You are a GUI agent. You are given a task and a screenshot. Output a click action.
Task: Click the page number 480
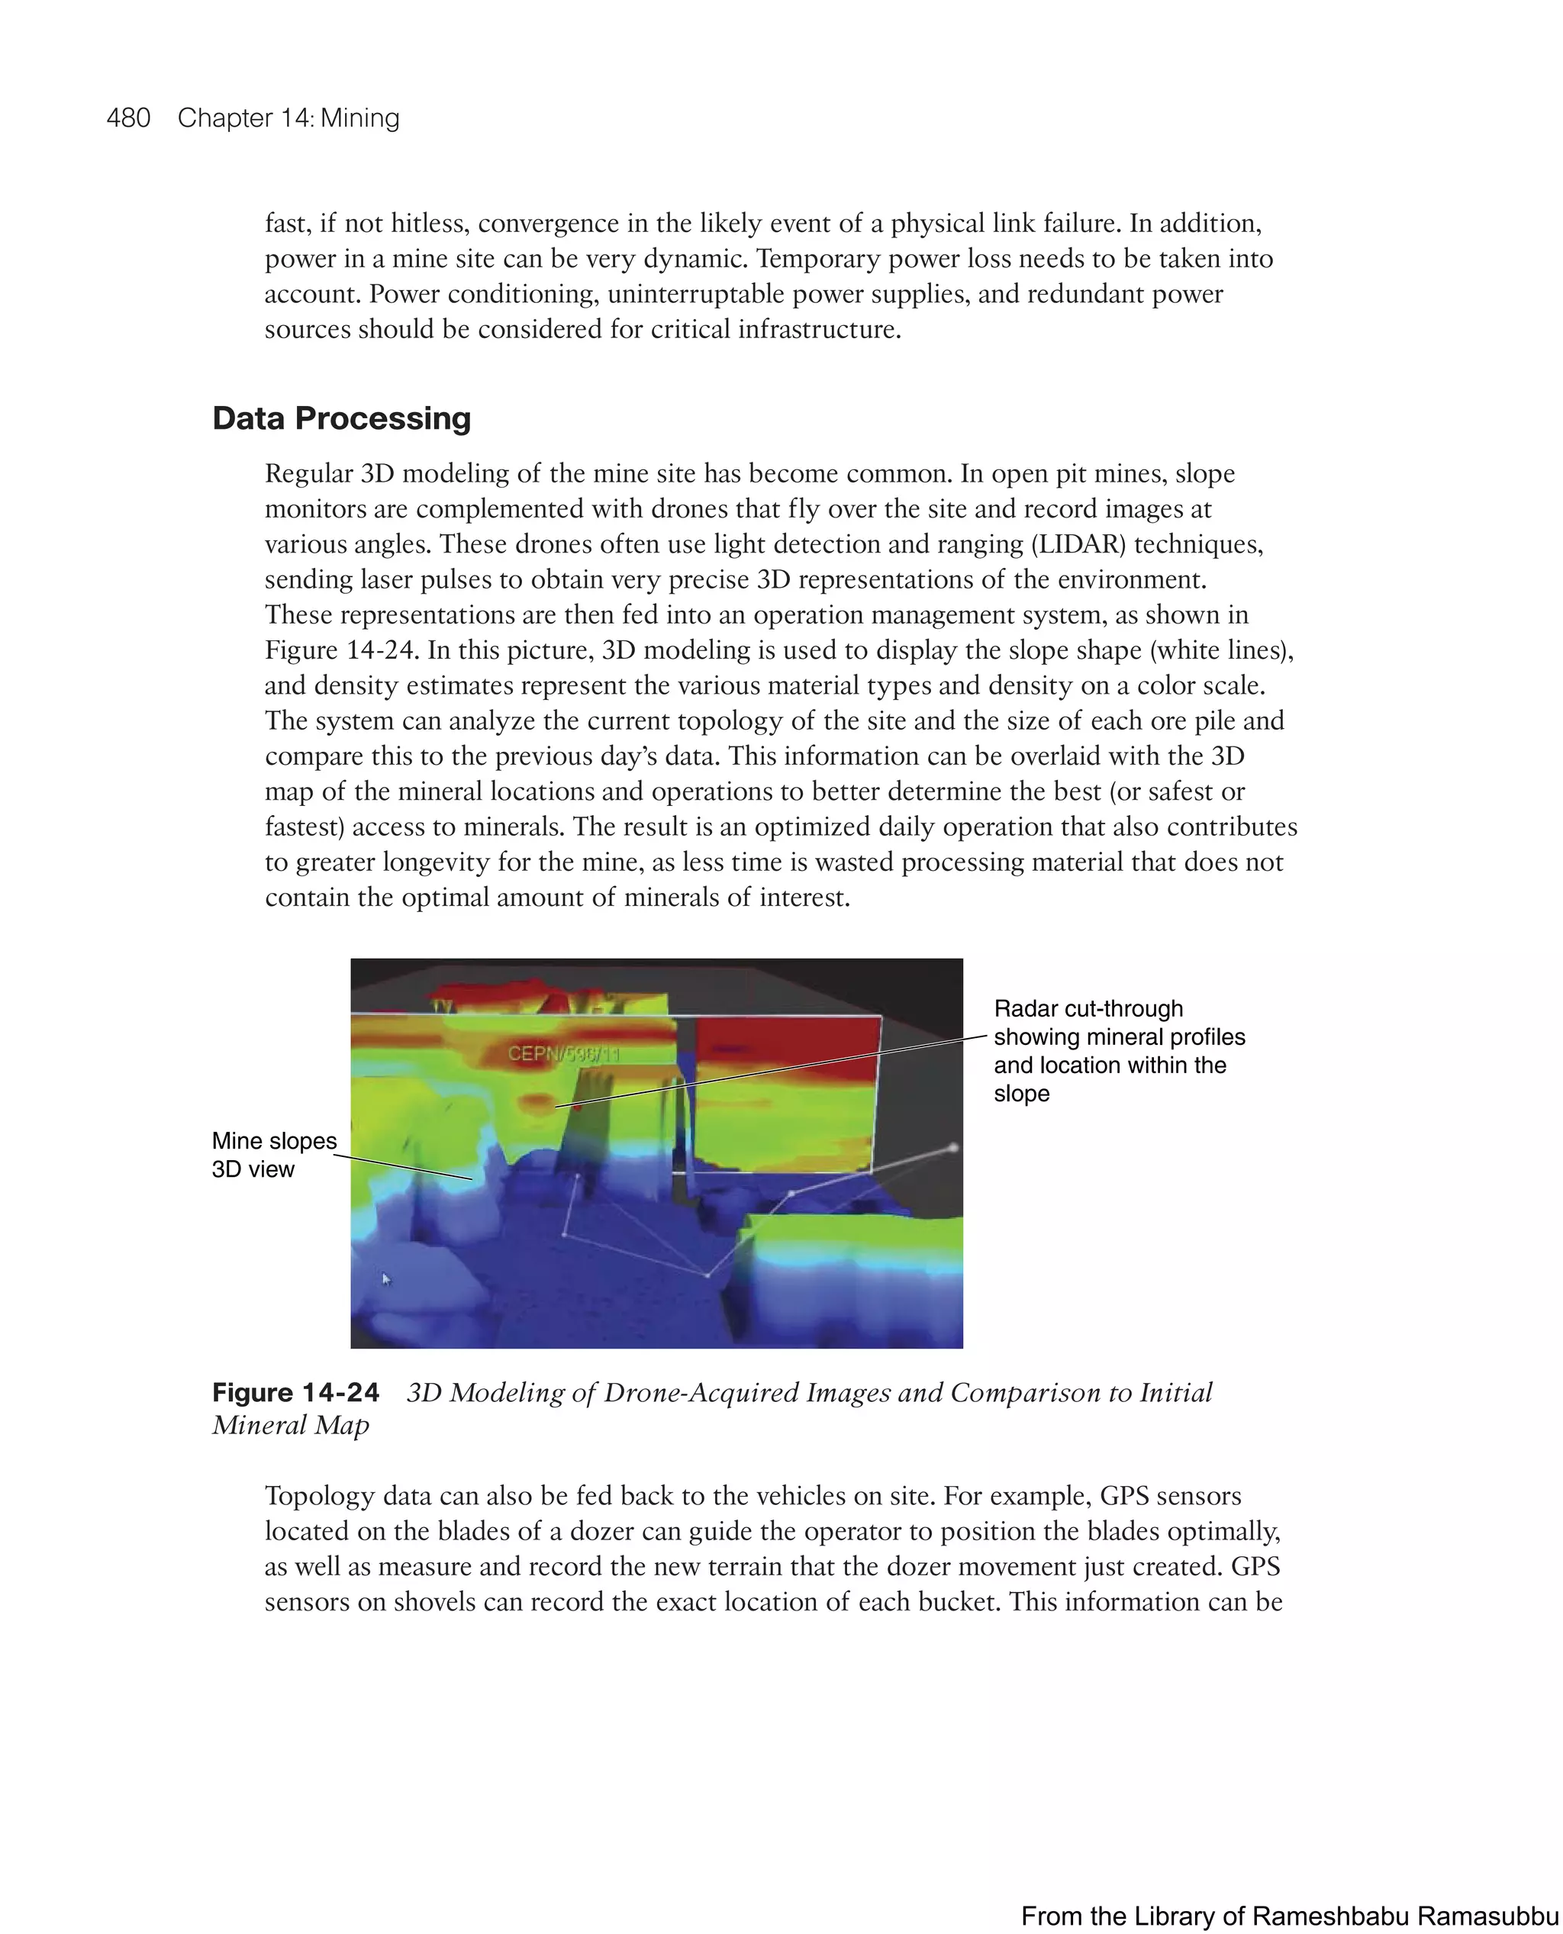[x=128, y=118]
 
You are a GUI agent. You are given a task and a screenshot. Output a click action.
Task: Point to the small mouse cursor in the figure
[x=385, y=1278]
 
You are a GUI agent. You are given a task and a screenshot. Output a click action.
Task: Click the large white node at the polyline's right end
[x=952, y=1148]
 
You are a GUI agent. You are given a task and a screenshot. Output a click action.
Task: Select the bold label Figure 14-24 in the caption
[x=295, y=1393]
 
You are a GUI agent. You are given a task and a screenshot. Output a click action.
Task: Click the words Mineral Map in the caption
[x=291, y=1425]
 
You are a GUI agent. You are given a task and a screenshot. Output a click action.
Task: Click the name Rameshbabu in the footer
[x=1327, y=1916]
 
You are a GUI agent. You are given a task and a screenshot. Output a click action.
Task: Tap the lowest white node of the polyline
[x=707, y=1275]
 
